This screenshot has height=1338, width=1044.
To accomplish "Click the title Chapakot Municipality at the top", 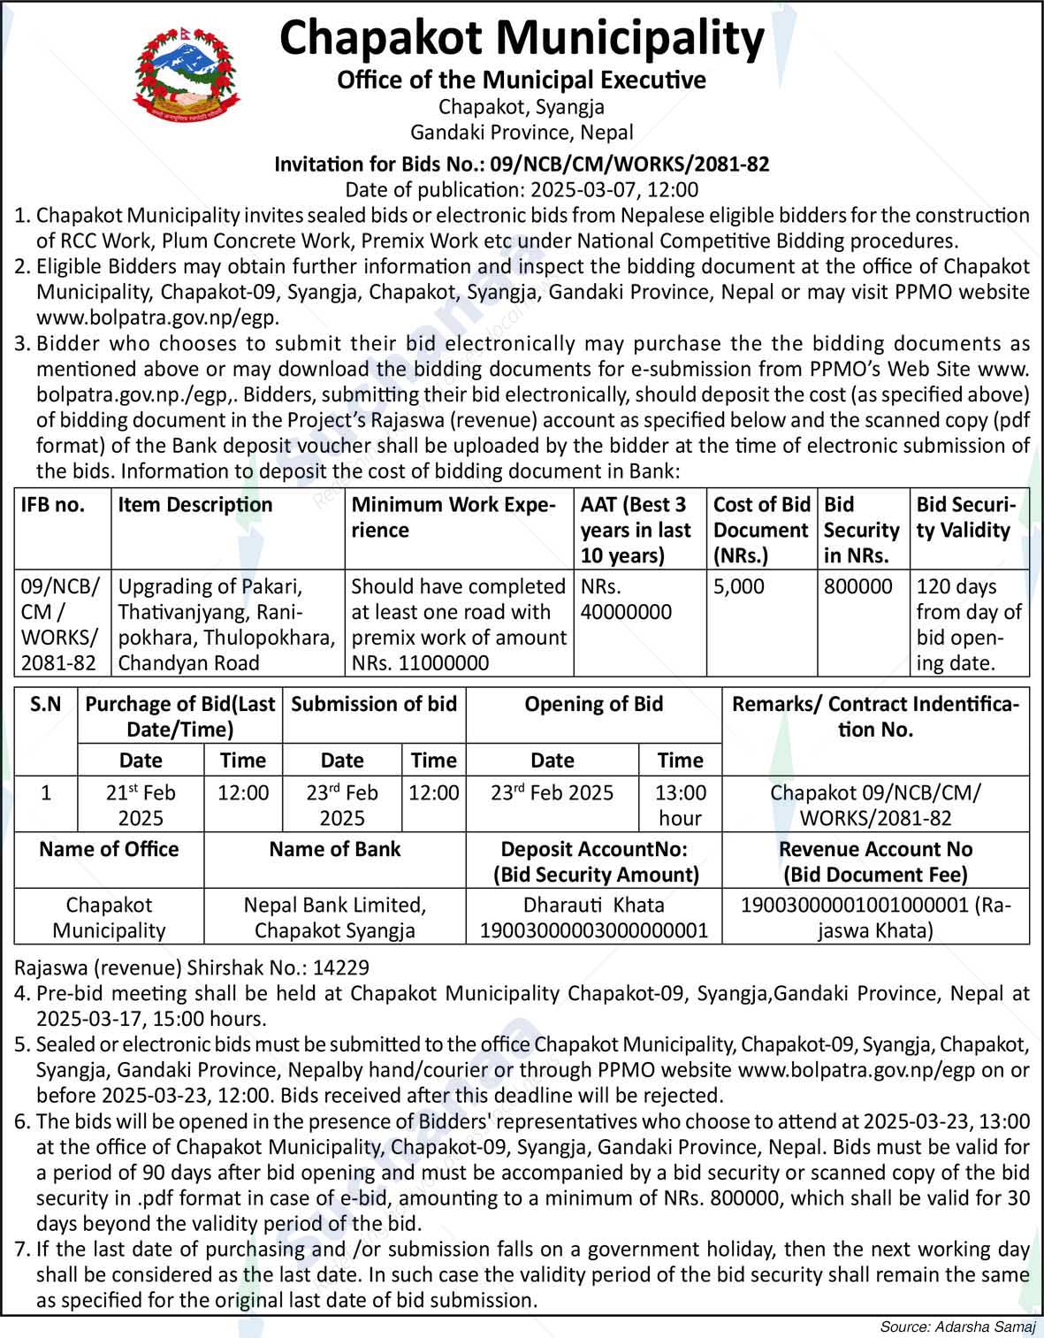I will coord(522,39).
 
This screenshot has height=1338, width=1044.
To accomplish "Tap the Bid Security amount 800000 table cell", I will coord(858,587).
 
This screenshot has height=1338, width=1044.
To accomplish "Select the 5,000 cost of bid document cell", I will coord(739,587).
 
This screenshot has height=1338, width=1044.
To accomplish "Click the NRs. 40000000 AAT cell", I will coord(626,600).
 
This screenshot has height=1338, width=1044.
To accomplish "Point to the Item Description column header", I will coord(195,505).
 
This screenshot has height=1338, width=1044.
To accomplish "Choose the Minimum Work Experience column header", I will coord(453,517).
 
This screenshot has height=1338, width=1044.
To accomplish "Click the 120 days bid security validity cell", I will coord(969,624).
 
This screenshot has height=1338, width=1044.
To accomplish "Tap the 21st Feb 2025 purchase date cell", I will coord(141,804).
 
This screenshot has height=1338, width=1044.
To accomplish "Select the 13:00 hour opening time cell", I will coord(680,804).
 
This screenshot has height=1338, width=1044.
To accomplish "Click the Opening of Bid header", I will coord(593,704).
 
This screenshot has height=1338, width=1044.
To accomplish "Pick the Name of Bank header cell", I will coord(334,850).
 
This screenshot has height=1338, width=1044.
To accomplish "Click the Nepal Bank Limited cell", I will coord(334,917).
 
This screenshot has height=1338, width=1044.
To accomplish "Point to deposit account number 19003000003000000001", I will coord(593,930).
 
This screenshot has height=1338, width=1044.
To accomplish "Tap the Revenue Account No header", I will coord(875,861).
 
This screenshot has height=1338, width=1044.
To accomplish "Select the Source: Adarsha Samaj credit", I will coord(956,1327).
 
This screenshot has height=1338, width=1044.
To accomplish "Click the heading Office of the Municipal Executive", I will coord(522,80).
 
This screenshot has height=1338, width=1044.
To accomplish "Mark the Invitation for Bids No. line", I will coord(522,164).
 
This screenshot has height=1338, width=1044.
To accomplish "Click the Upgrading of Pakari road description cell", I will coord(226,624).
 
